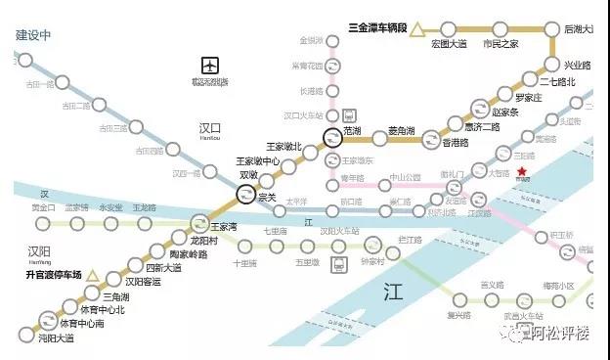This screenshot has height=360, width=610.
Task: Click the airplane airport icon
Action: tap(210, 66)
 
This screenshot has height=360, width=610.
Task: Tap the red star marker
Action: tap(522, 169)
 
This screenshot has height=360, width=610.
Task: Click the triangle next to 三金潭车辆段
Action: tap(417, 28)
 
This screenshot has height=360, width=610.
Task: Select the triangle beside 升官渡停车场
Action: tap(93, 276)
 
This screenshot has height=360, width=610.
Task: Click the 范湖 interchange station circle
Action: tap(332, 139)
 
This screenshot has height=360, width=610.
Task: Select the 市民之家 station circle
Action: tap(501, 28)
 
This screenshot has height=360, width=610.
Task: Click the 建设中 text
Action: tap(32, 34)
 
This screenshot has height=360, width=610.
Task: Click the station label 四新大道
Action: tap(163, 267)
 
